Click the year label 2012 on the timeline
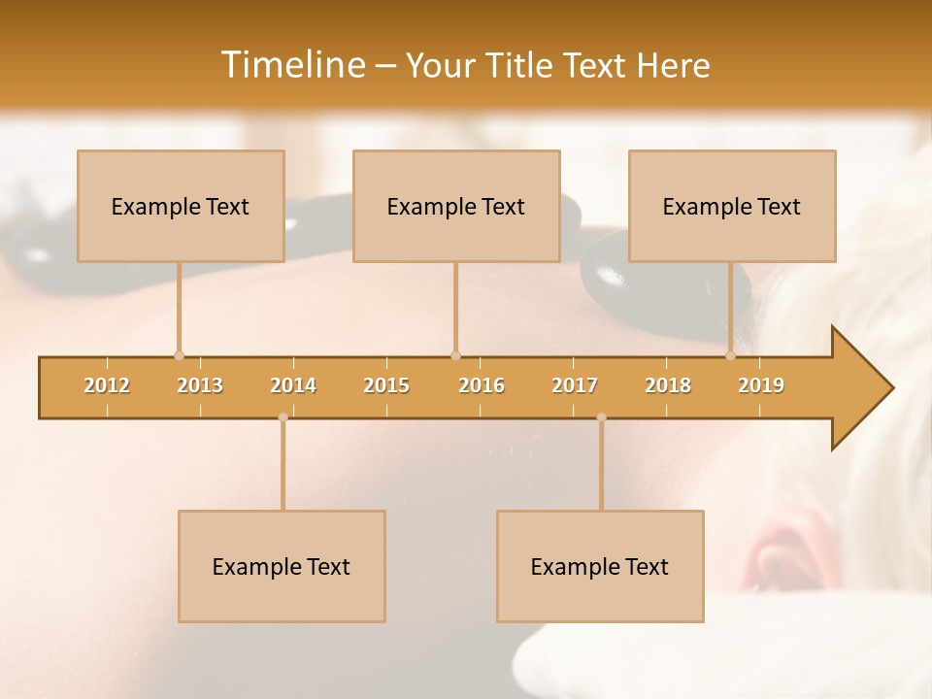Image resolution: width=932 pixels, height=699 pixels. pos(107,385)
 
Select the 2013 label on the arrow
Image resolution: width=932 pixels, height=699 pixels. pos(200,385)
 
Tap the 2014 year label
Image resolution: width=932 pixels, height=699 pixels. pos(293,385)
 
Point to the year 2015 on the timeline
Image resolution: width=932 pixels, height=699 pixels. pos(386,385)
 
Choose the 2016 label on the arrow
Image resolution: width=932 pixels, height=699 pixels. pos(482,385)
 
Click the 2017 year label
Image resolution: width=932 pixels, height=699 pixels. pos(575,385)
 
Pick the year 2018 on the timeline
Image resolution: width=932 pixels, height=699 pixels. pos(668,385)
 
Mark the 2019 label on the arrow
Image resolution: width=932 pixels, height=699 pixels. pos(761,385)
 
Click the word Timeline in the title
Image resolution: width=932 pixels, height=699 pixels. pos(291,65)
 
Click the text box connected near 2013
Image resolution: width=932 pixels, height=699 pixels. pos(181,206)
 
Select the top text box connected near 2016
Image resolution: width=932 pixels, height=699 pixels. pos(456,206)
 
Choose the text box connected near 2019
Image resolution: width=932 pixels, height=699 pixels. pos(732,206)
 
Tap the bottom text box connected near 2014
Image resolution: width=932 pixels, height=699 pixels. pos(282,566)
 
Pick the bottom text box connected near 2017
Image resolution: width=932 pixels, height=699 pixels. pos(600,566)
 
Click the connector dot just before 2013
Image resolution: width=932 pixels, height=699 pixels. pos(179,355)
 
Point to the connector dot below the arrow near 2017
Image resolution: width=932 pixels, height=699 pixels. pos(601,417)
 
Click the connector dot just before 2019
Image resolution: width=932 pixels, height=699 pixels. pos(731,355)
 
